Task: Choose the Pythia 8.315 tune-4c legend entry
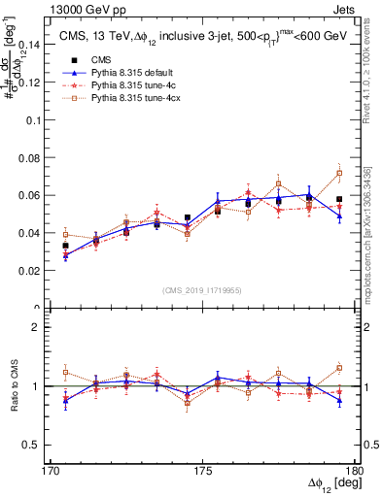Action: click(x=125, y=86)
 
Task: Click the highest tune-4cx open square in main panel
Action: click(x=339, y=174)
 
